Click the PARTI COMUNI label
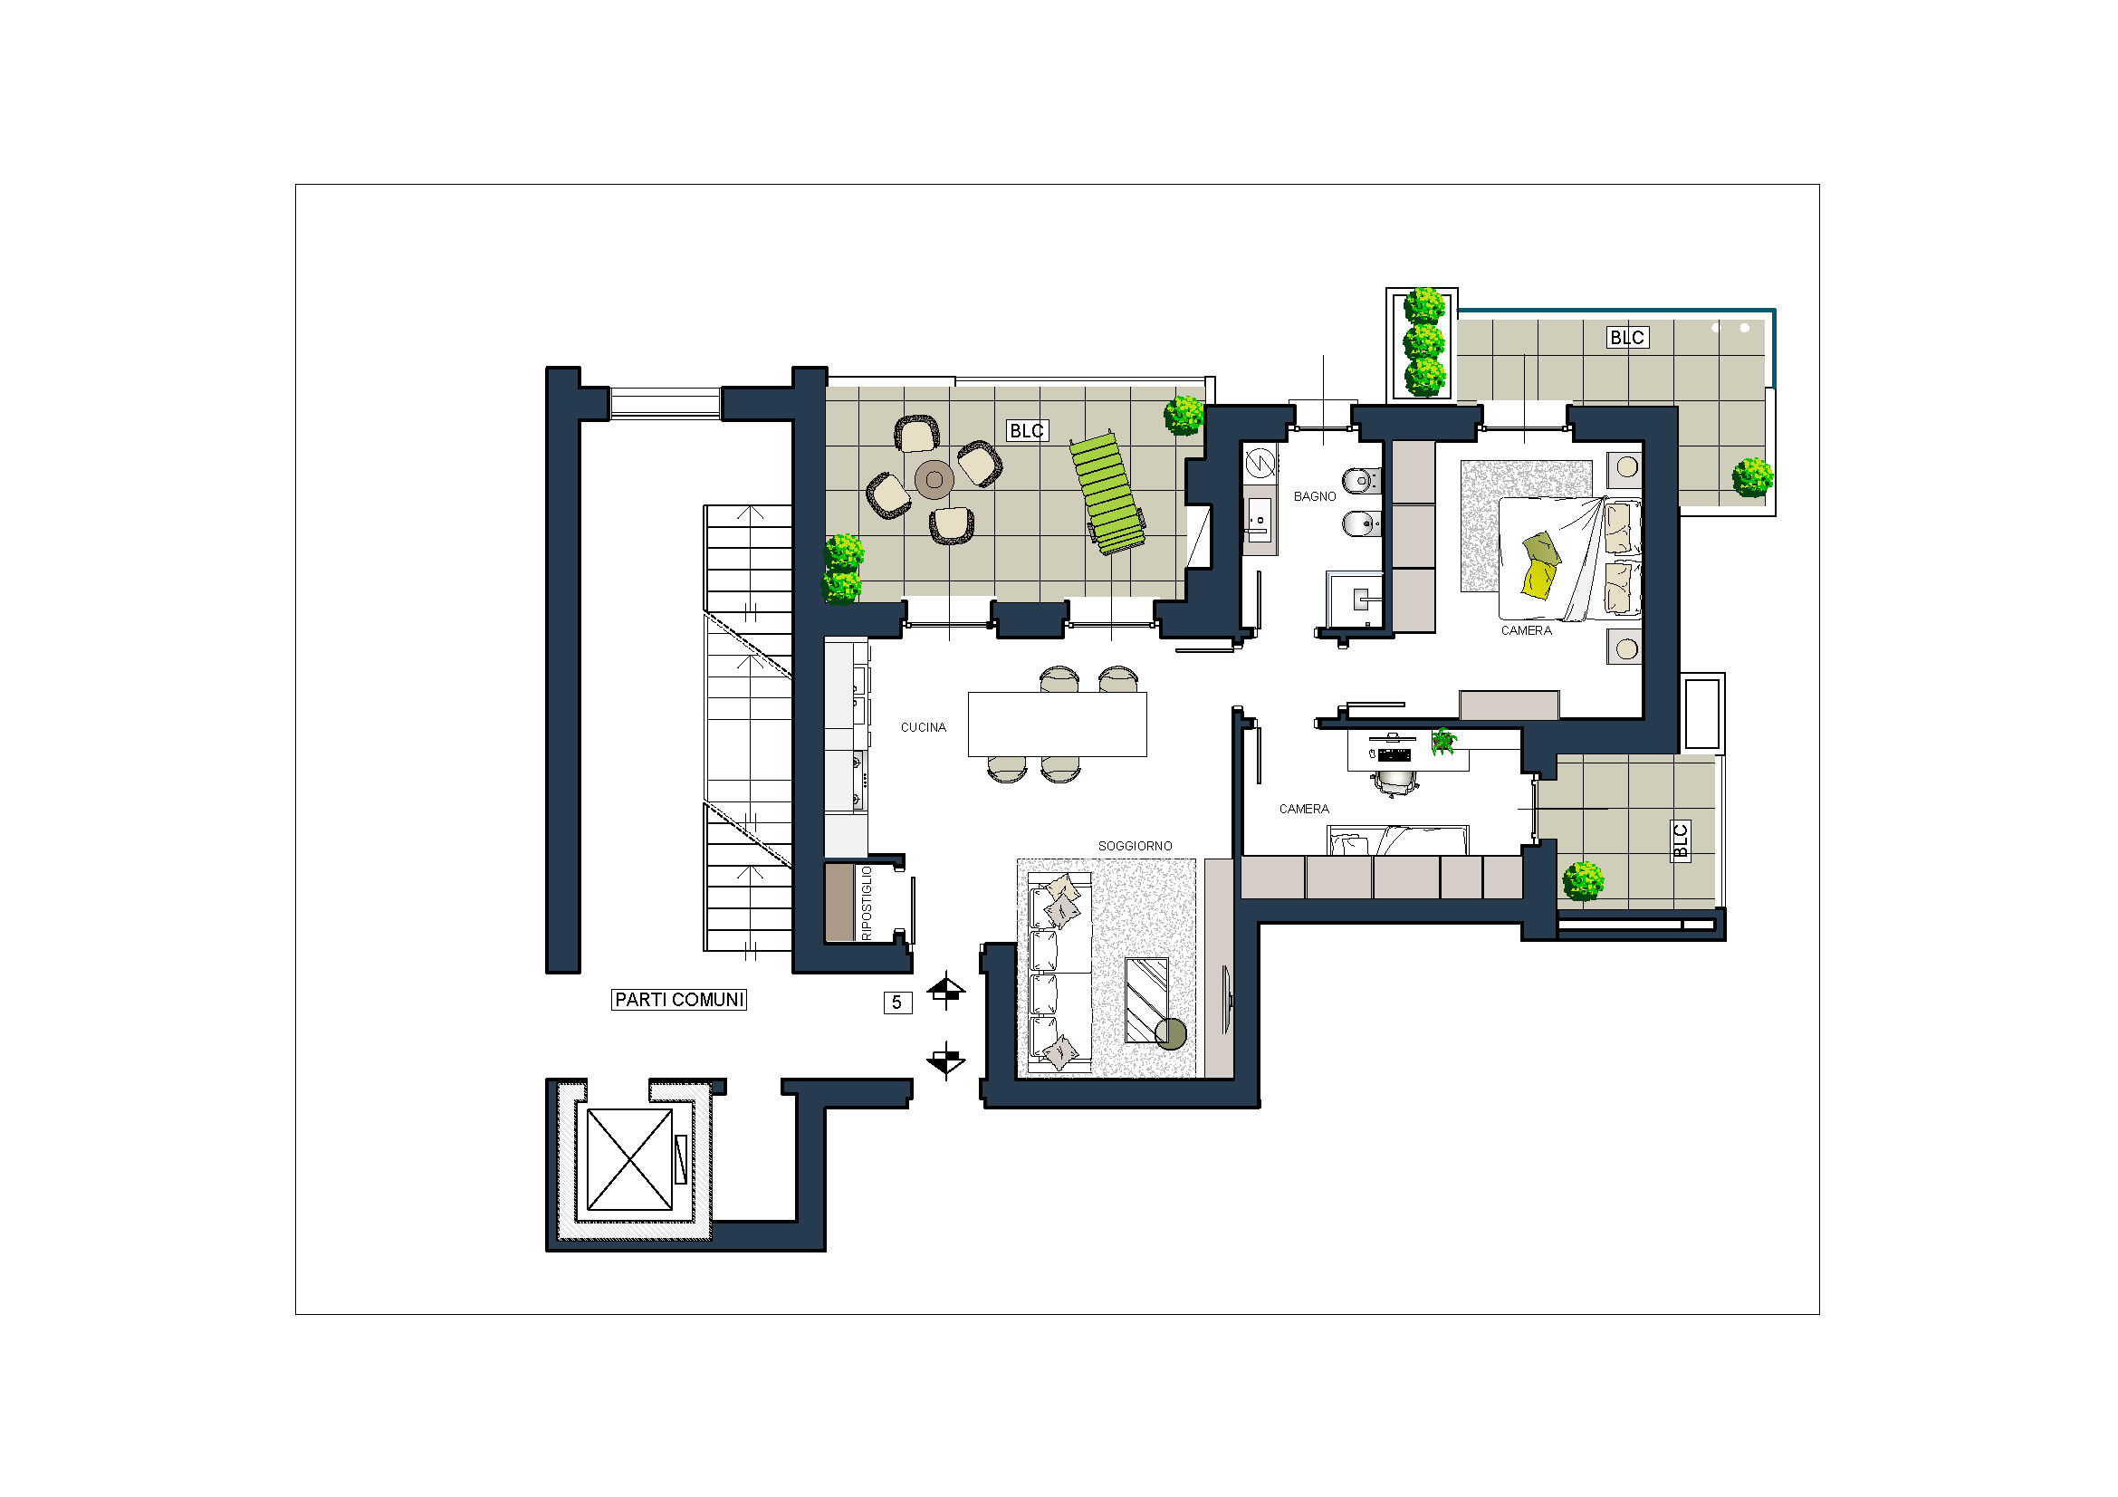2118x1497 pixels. click(679, 1000)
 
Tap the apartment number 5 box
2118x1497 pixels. click(897, 1003)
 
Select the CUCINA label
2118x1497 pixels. click(924, 728)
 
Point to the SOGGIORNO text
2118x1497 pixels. click(1135, 846)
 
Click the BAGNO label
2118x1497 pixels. click(1315, 496)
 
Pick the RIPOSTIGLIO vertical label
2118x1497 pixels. click(867, 903)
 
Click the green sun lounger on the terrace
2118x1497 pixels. click(1107, 494)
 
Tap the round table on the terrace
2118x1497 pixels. click(934, 480)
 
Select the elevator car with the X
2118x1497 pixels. click(630, 1159)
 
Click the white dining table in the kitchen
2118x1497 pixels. click(1057, 725)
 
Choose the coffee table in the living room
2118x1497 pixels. click(1146, 1001)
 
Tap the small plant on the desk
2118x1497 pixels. click(1443, 741)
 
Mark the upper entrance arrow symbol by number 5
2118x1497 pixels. click(946, 991)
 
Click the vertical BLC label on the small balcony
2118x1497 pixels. click(1680, 841)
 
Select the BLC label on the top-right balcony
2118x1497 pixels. click(1626, 338)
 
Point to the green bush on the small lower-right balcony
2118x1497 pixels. click(1583, 881)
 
